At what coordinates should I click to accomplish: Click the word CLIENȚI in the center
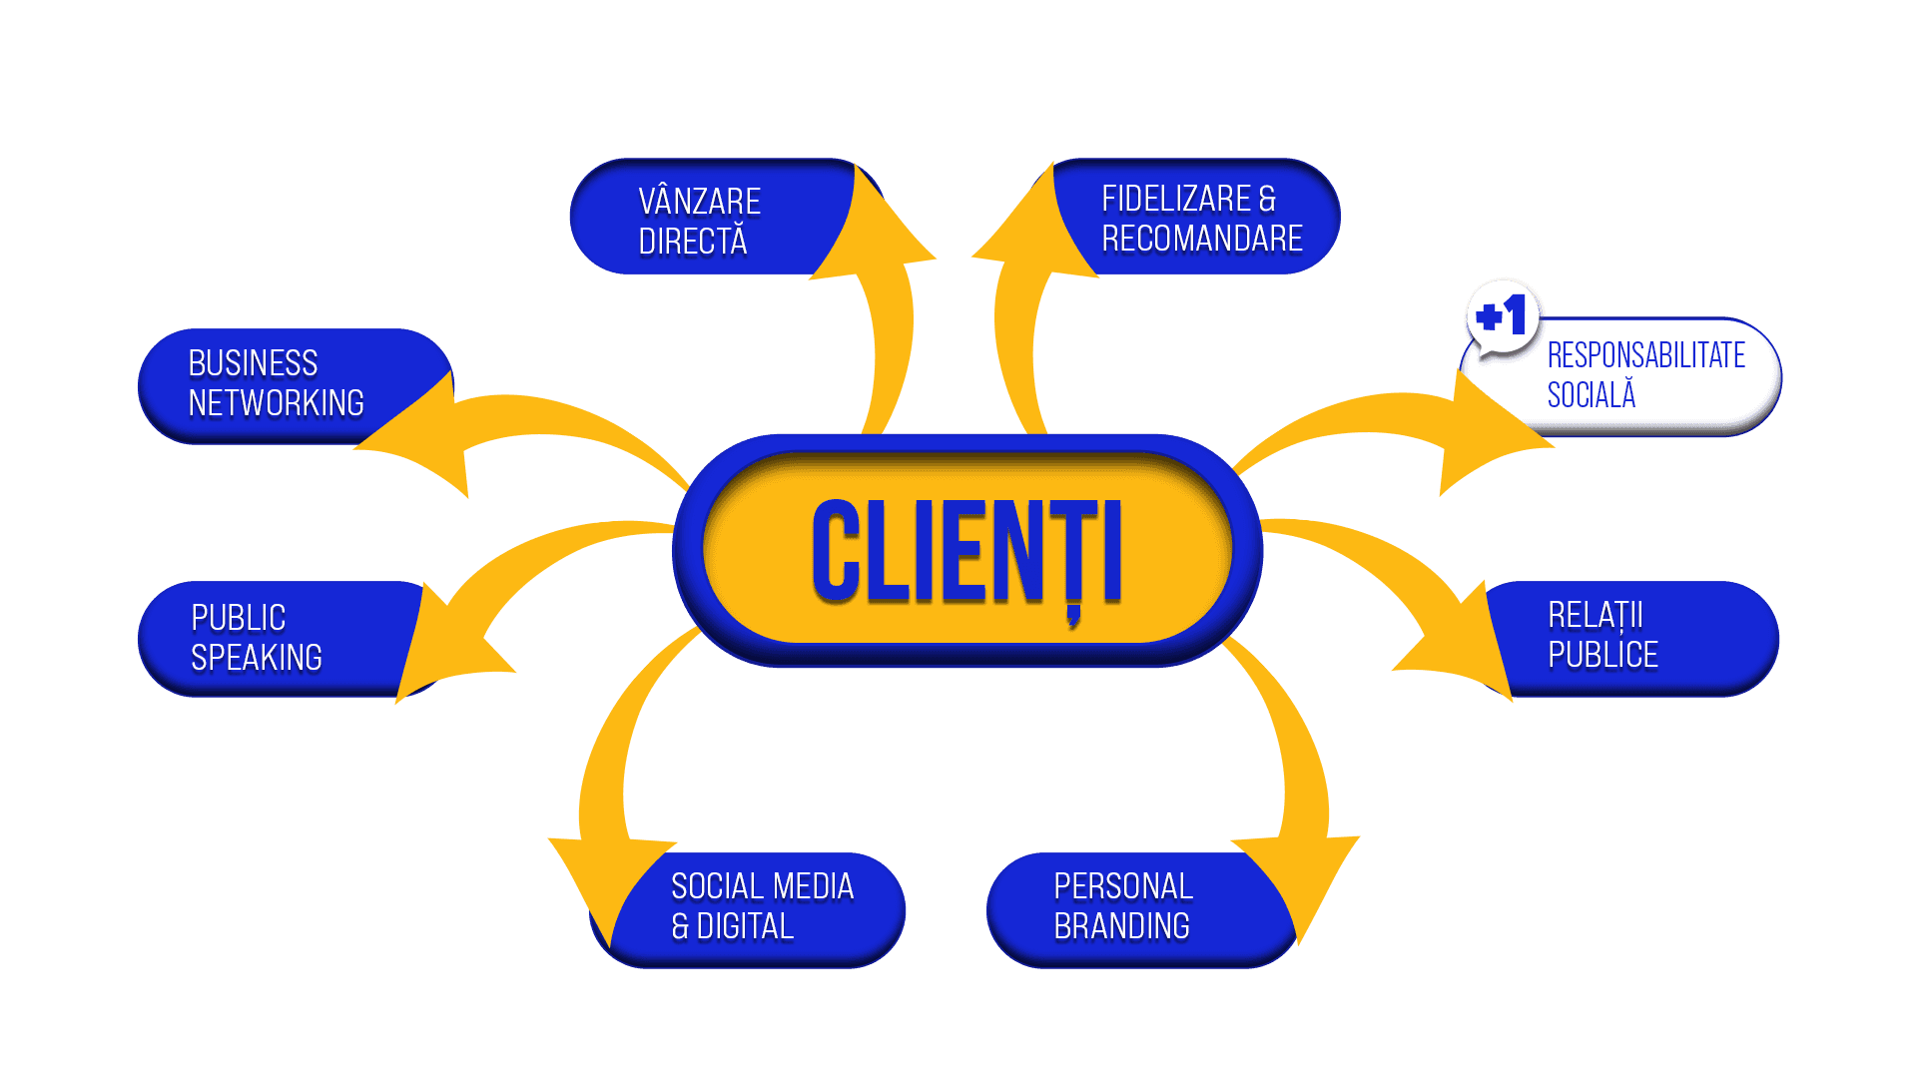click(x=966, y=551)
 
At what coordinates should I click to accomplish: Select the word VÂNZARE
click(x=699, y=202)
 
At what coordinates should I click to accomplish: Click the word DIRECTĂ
click(x=692, y=242)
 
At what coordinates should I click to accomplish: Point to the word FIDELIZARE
click(x=1175, y=200)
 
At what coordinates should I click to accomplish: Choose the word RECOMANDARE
click(x=1202, y=240)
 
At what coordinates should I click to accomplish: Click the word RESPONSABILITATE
click(x=1645, y=355)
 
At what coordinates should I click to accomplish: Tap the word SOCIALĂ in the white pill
click(x=1591, y=395)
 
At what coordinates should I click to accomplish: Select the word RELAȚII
click(x=1595, y=616)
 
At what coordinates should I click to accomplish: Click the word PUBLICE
click(x=1602, y=656)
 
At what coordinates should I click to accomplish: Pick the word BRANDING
click(x=1121, y=926)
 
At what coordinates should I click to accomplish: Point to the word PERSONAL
click(x=1123, y=886)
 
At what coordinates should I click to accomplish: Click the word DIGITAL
click(x=745, y=927)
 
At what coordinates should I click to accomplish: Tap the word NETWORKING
click(x=276, y=403)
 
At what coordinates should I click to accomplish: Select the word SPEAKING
click(x=257, y=658)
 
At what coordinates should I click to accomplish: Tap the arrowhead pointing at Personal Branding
click(x=1298, y=878)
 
